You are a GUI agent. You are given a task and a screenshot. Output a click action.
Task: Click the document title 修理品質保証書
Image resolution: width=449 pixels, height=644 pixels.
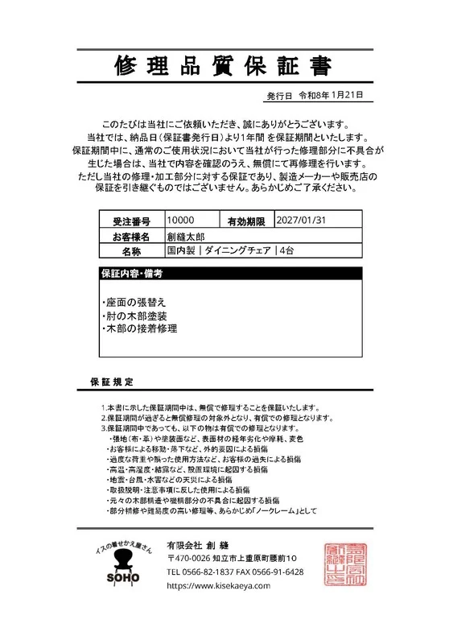point(224,64)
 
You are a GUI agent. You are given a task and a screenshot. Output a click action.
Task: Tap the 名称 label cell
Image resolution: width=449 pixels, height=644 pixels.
point(130,252)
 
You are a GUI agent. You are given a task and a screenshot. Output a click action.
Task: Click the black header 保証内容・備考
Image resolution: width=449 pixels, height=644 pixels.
point(132,275)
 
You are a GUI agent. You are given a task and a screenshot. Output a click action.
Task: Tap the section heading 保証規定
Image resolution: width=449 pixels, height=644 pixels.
point(112,381)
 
